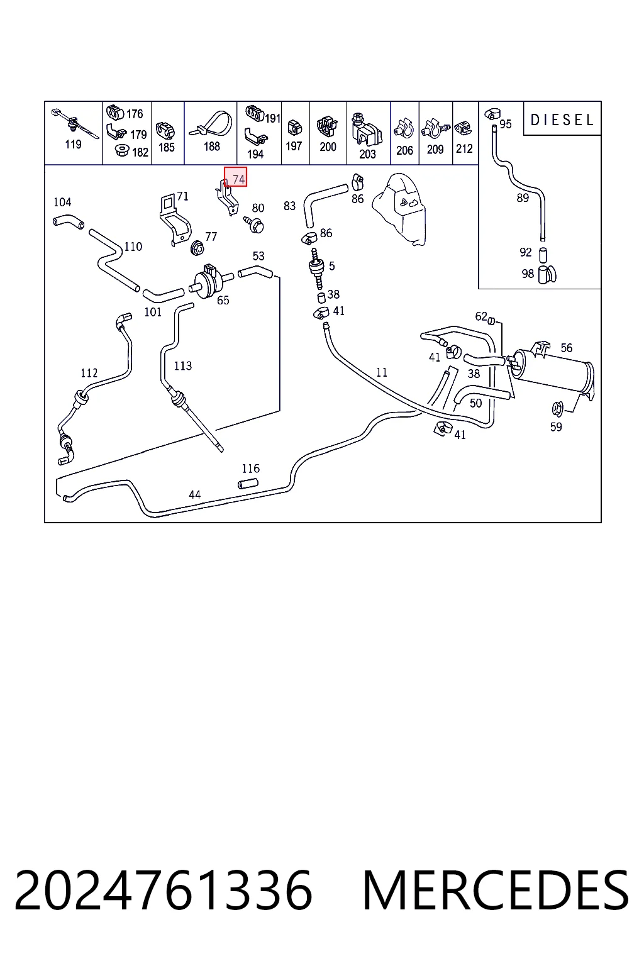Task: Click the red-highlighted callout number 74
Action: pyautogui.click(x=238, y=179)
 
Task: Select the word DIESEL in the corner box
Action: pyautogui.click(x=562, y=120)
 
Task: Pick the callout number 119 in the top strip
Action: pyautogui.click(x=74, y=144)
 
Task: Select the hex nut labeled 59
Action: pyautogui.click(x=557, y=408)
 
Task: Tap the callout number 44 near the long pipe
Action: pyautogui.click(x=194, y=494)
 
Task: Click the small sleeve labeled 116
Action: pyautogui.click(x=248, y=484)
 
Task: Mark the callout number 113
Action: pyautogui.click(x=183, y=365)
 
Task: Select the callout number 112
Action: pyautogui.click(x=89, y=373)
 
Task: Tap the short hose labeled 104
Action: pyautogui.click(x=68, y=221)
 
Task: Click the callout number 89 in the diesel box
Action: pyautogui.click(x=523, y=198)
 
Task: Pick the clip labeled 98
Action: pyautogui.click(x=547, y=274)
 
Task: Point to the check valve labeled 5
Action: pyautogui.click(x=316, y=268)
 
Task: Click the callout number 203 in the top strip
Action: pyautogui.click(x=367, y=154)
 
